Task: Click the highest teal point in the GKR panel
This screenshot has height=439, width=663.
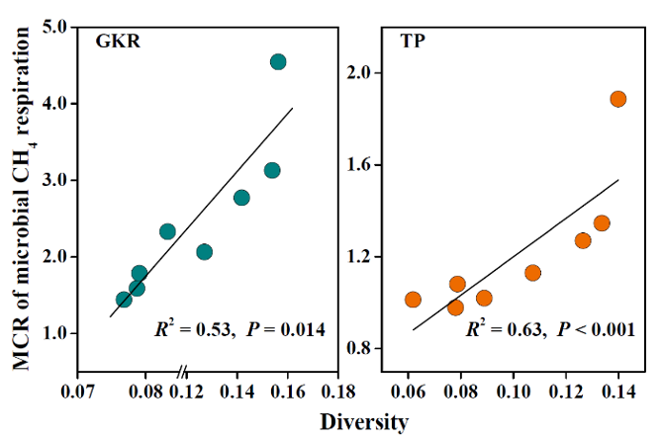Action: [x=278, y=62]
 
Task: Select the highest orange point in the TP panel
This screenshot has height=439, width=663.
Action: [x=618, y=99]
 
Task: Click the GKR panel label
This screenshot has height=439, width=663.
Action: [x=116, y=43]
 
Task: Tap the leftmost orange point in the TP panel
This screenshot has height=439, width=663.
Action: [x=413, y=300]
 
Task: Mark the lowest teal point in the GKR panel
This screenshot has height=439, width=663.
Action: [x=124, y=300]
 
